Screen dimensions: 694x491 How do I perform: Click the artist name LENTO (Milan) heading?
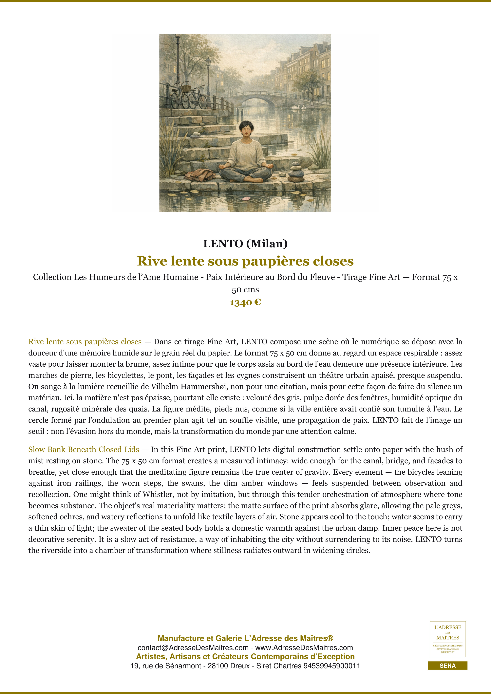point(245,244)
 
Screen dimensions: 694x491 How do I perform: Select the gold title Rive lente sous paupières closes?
point(245,261)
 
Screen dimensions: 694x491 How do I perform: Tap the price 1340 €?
point(245,302)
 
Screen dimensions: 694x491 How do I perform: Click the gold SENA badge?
point(447,666)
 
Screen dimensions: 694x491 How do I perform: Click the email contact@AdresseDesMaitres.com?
point(193,648)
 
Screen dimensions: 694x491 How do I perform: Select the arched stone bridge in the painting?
point(257,98)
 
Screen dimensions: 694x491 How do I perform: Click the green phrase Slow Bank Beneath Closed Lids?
point(84,450)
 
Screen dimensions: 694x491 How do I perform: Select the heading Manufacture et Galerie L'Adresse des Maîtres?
point(245,638)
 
